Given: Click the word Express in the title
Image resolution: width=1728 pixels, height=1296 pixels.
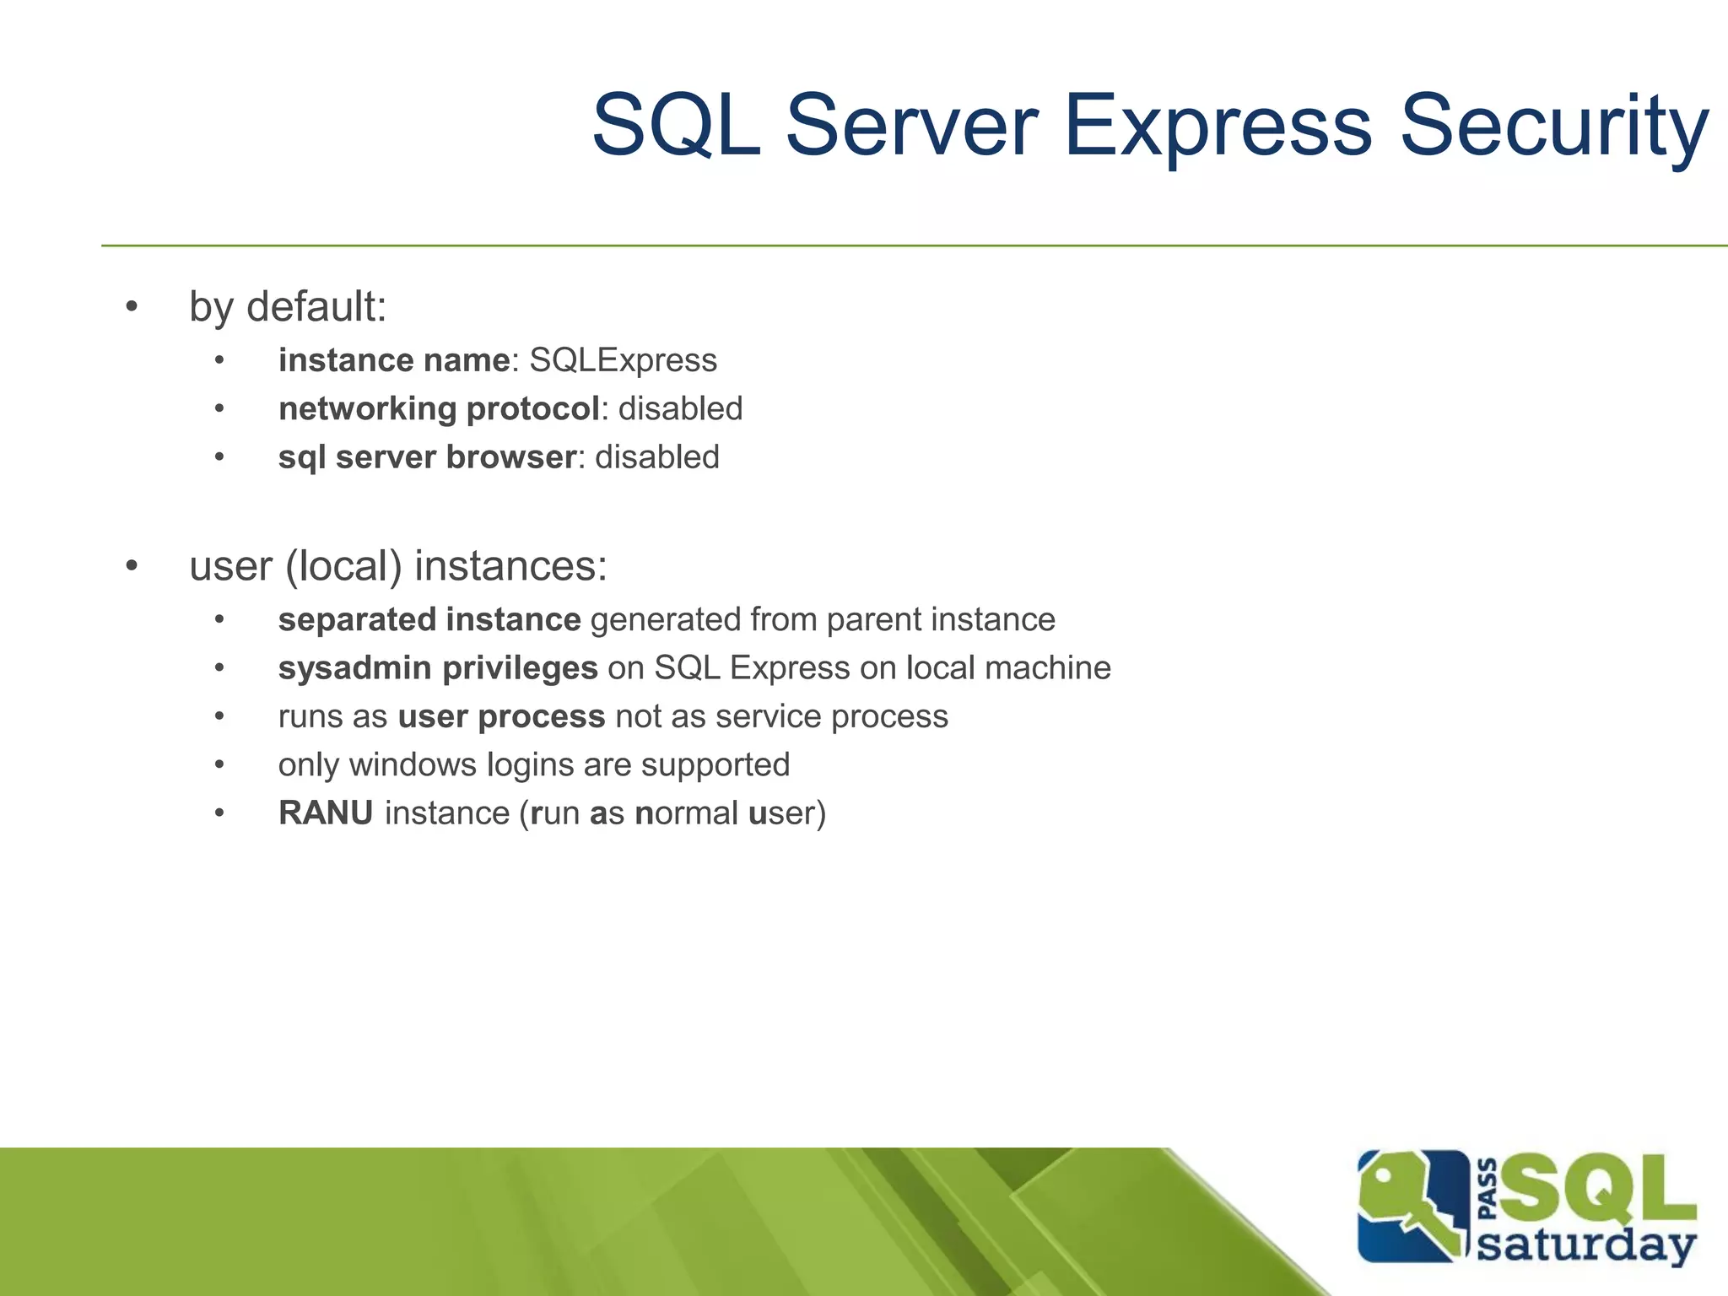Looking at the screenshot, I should click(1218, 127).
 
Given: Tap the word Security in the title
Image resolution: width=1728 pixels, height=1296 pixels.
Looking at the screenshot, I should click(1553, 127).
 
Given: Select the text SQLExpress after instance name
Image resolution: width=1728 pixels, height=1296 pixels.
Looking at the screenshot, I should click(623, 361).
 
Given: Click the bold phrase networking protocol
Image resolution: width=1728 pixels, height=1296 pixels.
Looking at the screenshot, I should click(439, 409).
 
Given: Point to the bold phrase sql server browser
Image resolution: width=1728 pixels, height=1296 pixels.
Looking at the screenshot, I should click(428, 457).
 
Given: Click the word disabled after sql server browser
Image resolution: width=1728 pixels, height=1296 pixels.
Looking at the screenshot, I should click(656, 457).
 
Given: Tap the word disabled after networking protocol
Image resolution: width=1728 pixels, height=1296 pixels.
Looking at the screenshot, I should click(680, 409).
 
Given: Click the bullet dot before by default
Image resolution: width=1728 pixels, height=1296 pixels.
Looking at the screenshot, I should click(132, 307).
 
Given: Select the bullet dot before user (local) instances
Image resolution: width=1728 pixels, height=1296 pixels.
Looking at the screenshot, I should click(132, 566).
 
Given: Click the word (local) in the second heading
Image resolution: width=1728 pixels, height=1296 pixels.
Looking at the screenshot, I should click(343, 566).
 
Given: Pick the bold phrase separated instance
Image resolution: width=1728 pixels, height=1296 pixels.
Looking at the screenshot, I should click(429, 620).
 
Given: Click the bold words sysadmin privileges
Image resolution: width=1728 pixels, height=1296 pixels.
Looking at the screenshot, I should click(438, 668).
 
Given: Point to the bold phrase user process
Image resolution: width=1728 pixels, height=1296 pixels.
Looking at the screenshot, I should click(501, 717).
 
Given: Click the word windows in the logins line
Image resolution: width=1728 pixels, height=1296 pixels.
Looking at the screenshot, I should click(413, 765).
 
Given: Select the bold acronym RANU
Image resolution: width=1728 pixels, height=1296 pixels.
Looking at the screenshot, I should click(326, 813).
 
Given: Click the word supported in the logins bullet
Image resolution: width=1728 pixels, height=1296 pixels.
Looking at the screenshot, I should click(715, 765).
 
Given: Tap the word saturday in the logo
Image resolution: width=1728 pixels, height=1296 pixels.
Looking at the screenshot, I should click(1585, 1245).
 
